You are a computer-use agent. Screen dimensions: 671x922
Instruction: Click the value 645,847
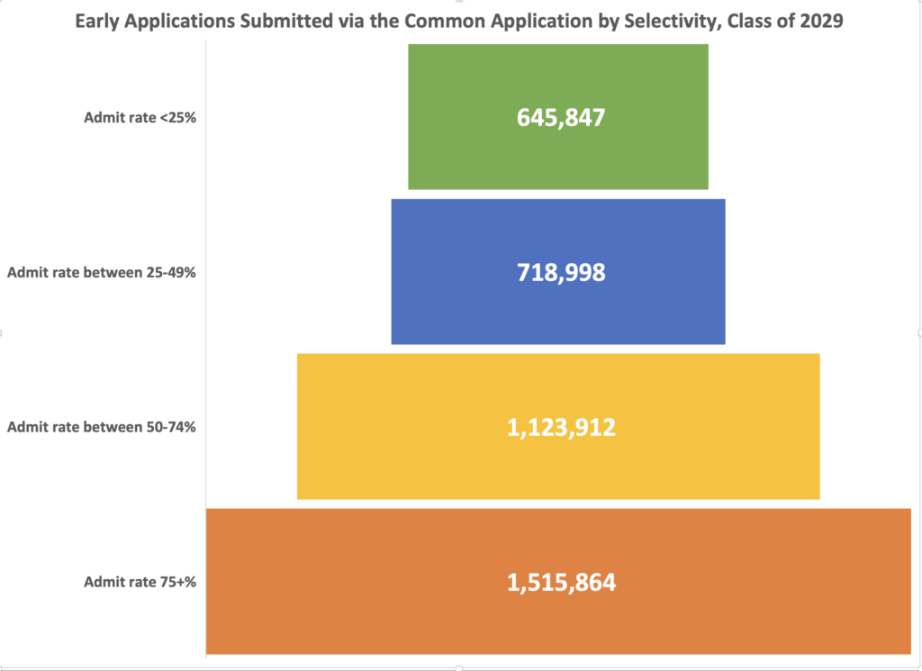click(x=560, y=117)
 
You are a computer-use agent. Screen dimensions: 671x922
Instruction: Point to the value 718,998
click(x=560, y=272)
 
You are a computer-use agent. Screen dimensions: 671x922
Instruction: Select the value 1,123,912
click(x=561, y=427)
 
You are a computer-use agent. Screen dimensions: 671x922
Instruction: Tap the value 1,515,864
click(x=561, y=582)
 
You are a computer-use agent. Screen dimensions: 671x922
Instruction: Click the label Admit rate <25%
click(x=140, y=117)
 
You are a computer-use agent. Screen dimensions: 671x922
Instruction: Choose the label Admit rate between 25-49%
click(x=101, y=272)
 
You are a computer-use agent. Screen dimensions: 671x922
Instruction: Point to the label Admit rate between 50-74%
click(x=101, y=427)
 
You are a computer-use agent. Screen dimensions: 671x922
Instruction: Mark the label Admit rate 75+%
click(x=140, y=582)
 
